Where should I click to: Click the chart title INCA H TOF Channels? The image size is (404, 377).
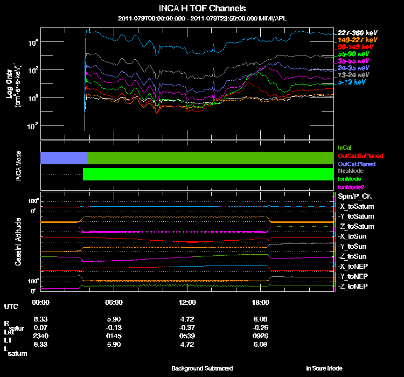pyautogui.click(x=203, y=9)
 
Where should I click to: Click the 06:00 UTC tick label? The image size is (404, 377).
pyautogui.click(x=114, y=302)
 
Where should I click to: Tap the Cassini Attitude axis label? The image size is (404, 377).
pyautogui.click(x=19, y=240)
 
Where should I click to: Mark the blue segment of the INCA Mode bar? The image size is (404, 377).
pyautogui.click(x=64, y=158)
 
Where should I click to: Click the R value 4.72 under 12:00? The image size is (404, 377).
pyautogui.click(x=187, y=319)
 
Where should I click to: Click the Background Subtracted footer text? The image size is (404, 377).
pyautogui.click(x=202, y=368)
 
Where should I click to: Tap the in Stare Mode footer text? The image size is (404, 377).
pyautogui.click(x=324, y=368)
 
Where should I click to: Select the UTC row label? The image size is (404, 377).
pyautogui.click(x=11, y=306)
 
